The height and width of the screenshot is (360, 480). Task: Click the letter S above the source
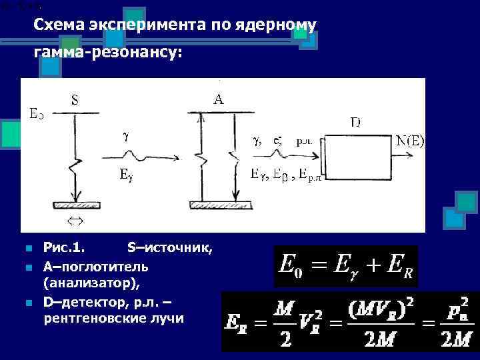tap(75, 101)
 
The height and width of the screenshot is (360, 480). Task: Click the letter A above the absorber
tap(218, 99)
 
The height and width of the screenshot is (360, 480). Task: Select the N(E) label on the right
tap(410, 141)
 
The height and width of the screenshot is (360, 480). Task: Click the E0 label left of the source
tap(37, 113)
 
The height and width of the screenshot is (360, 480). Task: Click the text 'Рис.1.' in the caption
tap(64, 249)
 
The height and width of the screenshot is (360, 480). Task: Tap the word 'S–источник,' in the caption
tap(169, 249)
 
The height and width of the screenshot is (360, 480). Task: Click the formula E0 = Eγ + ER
tap(345, 266)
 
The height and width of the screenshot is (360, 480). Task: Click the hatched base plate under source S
tap(78, 204)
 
